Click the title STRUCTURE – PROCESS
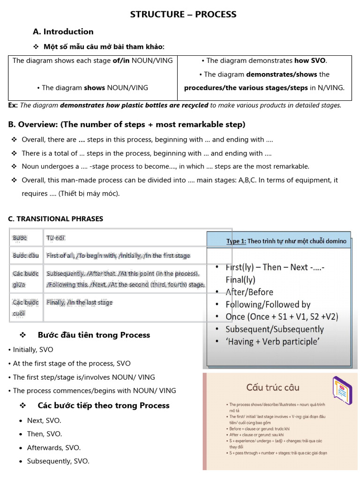coord(183,15)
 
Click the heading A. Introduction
coord(63,32)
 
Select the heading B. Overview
coord(127,125)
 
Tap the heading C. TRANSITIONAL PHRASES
coord(56,219)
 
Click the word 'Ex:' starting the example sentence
coord(13,105)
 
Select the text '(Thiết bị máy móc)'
coord(89,194)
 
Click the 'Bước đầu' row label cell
coord(26,256)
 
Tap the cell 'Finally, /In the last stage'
coord(80,302)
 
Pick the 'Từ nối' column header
coord(55,238)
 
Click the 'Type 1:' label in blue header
coord(236,241)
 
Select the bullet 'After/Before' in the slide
coord(249,292)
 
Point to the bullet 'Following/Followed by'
coord(268,305)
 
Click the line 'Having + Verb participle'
coord(272,342)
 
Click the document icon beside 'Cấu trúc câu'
coord(342,387)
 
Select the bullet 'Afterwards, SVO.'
coord(53,448)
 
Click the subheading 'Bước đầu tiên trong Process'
coord(94,335)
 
